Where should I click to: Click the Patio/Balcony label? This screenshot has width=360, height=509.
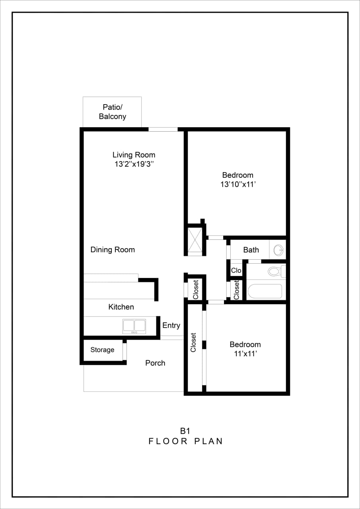[113, 112]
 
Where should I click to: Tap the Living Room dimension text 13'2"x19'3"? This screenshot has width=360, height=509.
[134, 164]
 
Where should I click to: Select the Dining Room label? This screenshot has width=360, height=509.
[113, 250]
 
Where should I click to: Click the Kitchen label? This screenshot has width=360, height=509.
[121, 307]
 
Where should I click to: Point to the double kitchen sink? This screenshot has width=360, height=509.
[134, 326]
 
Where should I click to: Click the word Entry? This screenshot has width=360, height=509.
[171, 325]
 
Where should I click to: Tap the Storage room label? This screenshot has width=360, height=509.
[102, 350]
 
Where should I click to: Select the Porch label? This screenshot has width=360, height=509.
[155, 363]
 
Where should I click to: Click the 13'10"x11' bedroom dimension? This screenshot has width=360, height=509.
[237, 185]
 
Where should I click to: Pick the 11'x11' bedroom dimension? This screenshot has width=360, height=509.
[245, 354]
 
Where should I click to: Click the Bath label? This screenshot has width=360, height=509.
[251, 250]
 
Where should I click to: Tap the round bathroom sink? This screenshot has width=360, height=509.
[278, 251]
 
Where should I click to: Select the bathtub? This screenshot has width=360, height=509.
[265, 291]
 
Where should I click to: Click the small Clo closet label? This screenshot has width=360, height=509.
[236, 270]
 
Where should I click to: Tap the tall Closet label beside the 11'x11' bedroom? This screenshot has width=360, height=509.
[194, 342]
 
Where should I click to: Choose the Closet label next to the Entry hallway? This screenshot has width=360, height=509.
[196, 289]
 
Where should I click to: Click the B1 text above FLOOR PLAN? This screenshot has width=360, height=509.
[185, 431]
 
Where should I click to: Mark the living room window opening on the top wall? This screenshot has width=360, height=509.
[163, 129]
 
